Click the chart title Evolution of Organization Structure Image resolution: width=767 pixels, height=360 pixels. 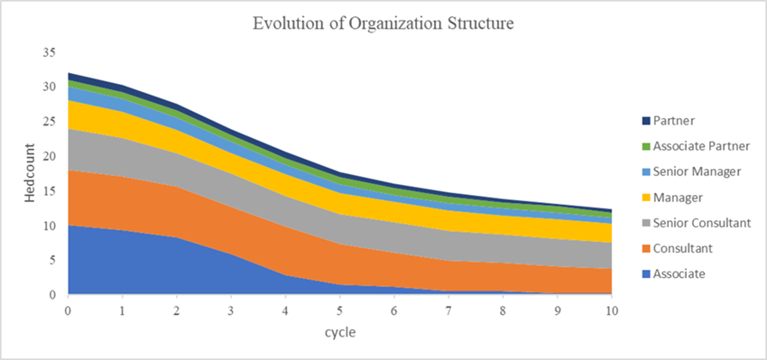tap(383, 23)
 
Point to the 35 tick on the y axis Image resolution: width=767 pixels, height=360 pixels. tap(51, 52)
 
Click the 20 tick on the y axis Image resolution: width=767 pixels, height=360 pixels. tap(51, 156)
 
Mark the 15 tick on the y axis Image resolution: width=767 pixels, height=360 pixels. tap(51, 190)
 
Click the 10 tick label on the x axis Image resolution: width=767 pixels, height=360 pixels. tap(612, 309)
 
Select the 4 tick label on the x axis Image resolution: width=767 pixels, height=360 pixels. tap(285, 309)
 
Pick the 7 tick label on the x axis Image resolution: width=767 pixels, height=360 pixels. tap(448, 309)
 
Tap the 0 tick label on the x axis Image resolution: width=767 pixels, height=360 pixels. tap(68, 309)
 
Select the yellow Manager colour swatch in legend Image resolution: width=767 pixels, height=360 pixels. tap(645, 197)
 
